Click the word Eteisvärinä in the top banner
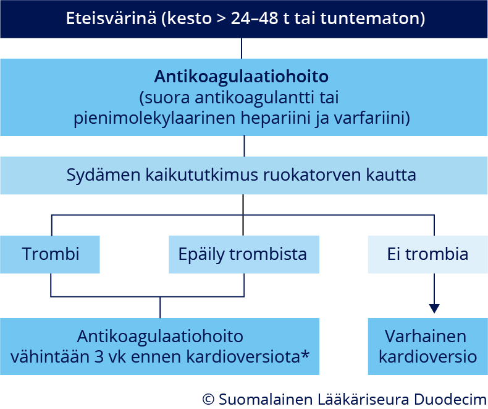point(111,19)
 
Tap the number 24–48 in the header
point(255,19)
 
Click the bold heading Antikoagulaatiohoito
point(241,77)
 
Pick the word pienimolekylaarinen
point(154,119)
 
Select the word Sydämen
point(103,175)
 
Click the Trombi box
point(50,254)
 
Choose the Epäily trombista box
point(244,254)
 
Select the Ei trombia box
point(428,254)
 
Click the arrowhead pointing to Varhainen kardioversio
point(434,309)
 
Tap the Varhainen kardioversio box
point(428,347)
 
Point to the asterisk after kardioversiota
point(305,354)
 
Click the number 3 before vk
point(99,357)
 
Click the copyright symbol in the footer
point(208,399)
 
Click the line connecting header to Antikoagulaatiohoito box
point(242,48)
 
